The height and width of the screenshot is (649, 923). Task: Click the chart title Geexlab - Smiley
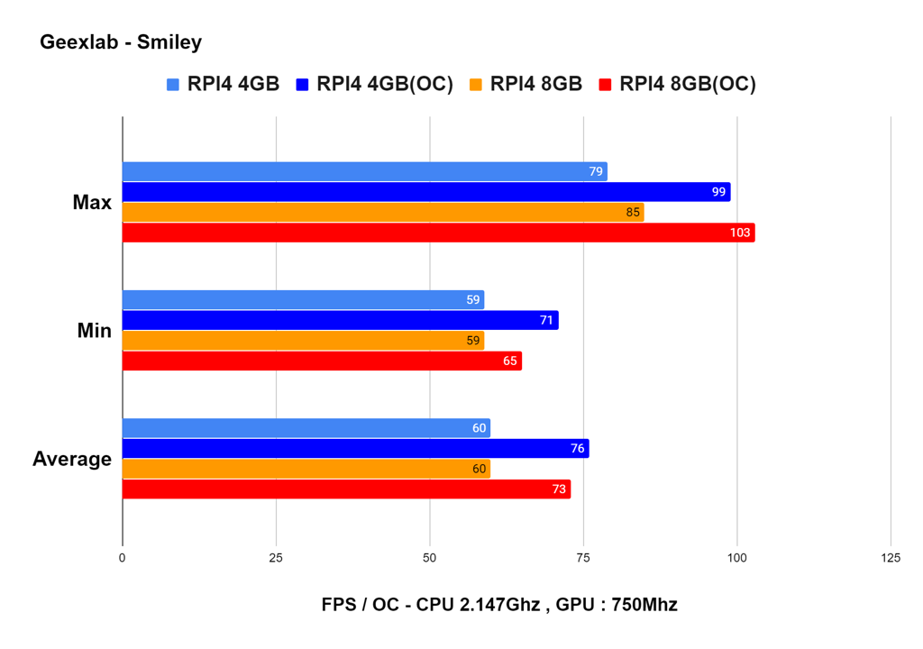coord(121,41)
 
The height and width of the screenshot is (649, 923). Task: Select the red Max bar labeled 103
coord(438,233)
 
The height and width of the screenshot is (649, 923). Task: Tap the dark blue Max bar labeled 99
coord(425,192)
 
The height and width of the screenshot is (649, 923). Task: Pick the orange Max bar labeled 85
coord(382,213)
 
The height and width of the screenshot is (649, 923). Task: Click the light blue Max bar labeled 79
coord(364,171)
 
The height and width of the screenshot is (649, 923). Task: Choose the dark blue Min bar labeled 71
coord(340,320)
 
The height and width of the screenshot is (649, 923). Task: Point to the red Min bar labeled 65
coord(322,361)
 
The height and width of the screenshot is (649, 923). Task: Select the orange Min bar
coord(303,341)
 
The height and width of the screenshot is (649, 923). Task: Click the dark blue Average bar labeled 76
coord(355,448)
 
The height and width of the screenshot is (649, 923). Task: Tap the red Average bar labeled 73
coord(346,489)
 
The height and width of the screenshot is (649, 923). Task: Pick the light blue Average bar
coord(306,428)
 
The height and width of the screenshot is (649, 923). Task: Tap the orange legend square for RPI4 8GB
coord(475,85)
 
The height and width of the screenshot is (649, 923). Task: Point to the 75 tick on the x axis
coord(583,558)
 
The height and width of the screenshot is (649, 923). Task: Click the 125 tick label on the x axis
coord(890,558)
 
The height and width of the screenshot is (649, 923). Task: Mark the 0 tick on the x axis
coord(123,558)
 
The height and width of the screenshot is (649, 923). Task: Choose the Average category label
coord(72,459)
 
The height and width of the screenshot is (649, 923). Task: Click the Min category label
coord(94,331)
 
